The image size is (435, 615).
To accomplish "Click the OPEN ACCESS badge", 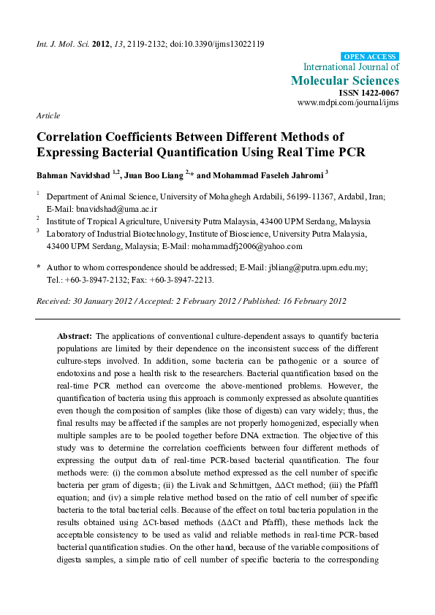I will pyautogui.click(x=371, y=56).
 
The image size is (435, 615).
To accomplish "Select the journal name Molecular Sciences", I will pyautogui.click(x=345, y=80).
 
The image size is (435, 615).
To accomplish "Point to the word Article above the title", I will pyautogui.click(x=48, y=116).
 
